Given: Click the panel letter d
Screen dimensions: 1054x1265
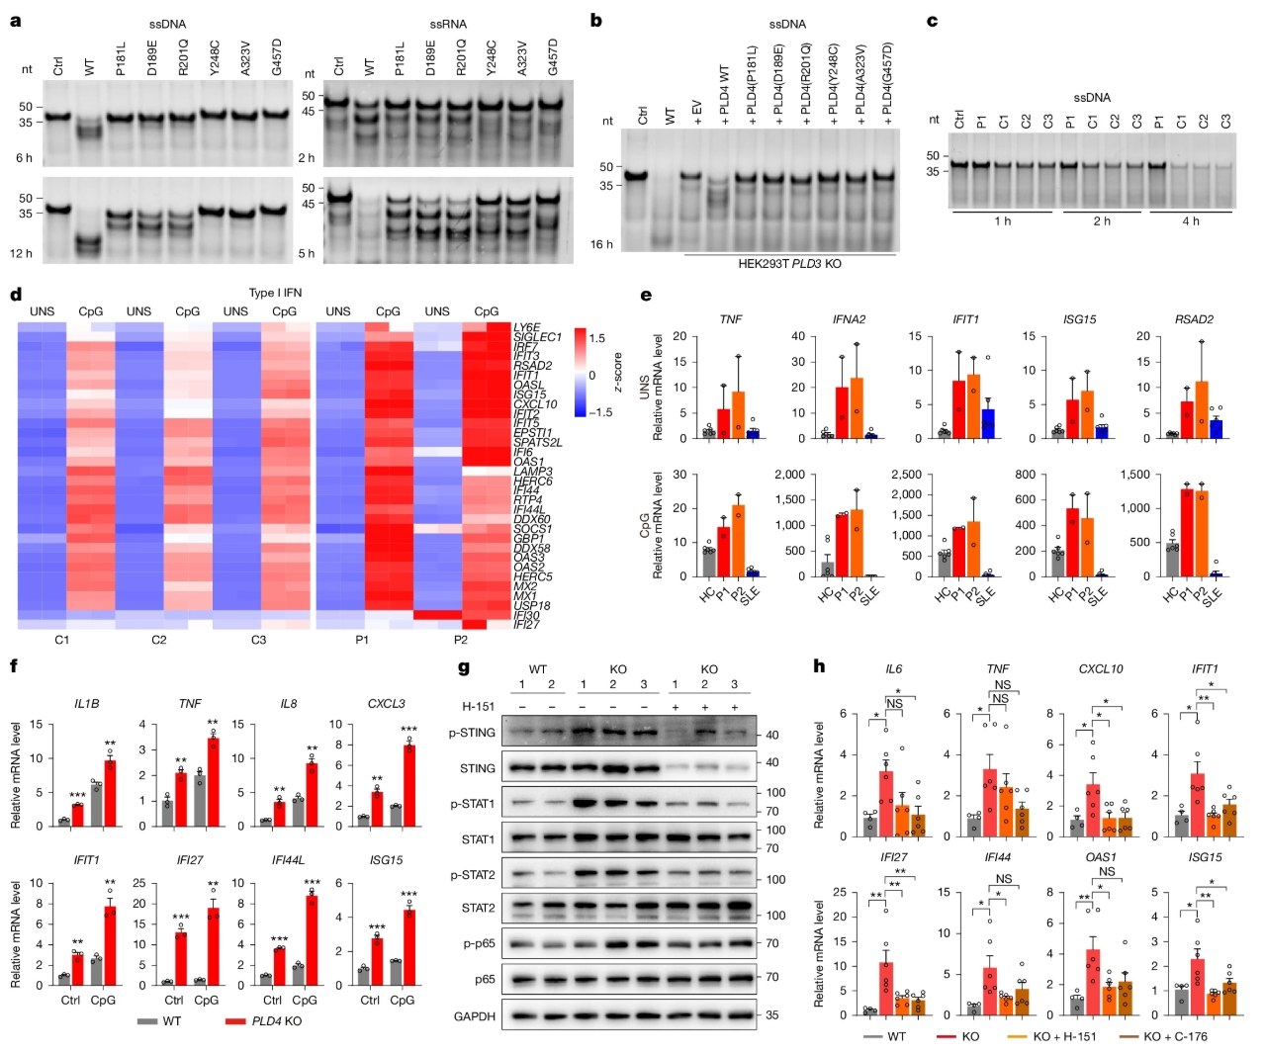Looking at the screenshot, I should [15, 295].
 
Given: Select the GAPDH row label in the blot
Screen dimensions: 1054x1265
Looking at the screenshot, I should [474, 1015].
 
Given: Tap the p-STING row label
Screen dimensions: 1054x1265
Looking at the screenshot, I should [472, 733].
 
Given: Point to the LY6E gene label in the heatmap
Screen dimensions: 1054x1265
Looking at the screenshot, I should [526, 327].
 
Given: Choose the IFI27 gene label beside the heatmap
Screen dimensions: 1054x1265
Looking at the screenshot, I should [526, 625].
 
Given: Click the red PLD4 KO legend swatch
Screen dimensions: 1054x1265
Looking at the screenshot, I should [235, 1021].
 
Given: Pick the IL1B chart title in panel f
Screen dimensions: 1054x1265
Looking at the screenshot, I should [86, 704].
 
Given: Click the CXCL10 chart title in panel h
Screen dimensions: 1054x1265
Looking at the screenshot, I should [1101, 669].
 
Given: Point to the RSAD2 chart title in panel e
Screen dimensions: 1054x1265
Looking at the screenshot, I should [1194, 319].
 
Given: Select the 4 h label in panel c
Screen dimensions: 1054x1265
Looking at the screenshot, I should [1191, 221].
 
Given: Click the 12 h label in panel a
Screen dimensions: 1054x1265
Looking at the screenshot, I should [22, 253].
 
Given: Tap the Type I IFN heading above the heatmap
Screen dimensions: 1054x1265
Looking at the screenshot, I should [275, 293].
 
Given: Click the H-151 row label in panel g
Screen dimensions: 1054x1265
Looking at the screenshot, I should [479, 706].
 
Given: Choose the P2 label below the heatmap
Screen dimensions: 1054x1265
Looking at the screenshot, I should [461, 640].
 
